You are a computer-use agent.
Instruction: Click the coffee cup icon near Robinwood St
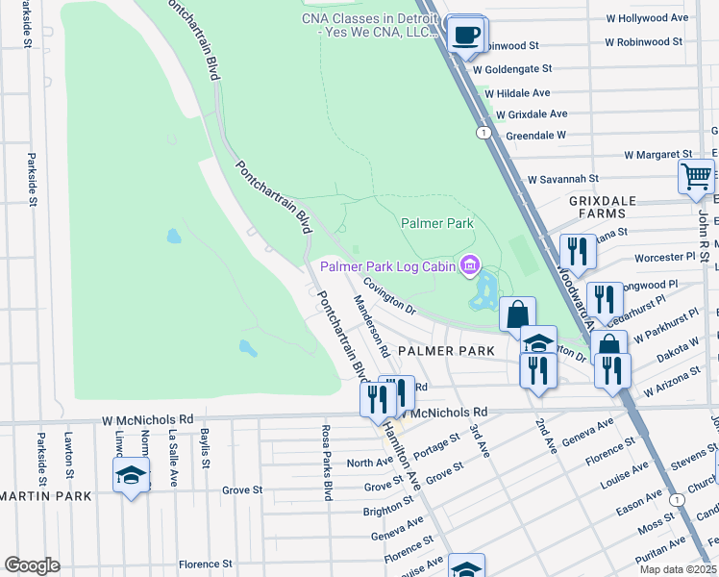tap(467, 34)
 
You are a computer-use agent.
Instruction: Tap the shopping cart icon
tap(696, 177)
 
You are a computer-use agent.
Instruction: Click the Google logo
tap(32, 565)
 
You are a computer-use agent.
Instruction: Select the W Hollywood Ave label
tap(647, 18)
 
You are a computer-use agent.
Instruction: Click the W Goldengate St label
tap(510, 69)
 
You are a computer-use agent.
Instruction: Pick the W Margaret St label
tap(657, 154)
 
